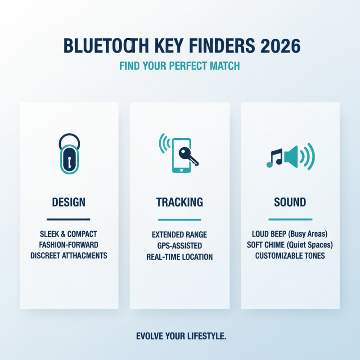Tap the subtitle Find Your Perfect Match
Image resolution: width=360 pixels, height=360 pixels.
click(180, 66)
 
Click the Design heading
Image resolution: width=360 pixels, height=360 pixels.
click(69, 202)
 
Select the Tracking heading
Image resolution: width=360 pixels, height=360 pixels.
click(180, 202)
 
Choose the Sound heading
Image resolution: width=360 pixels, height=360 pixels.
click(290, 202)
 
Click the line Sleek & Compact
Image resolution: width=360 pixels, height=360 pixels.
click(69, 234)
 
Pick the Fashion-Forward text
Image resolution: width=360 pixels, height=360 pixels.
click(69, 245)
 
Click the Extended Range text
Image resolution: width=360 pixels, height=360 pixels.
click(180, 235)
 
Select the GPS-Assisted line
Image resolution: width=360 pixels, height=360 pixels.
click(180, 246)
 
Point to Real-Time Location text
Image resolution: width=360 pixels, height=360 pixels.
click(180, 257)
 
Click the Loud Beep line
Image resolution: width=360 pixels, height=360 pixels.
click(290, 234)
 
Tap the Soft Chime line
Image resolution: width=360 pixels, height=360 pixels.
click(290, 245)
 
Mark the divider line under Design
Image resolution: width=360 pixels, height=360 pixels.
click(69, 220)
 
